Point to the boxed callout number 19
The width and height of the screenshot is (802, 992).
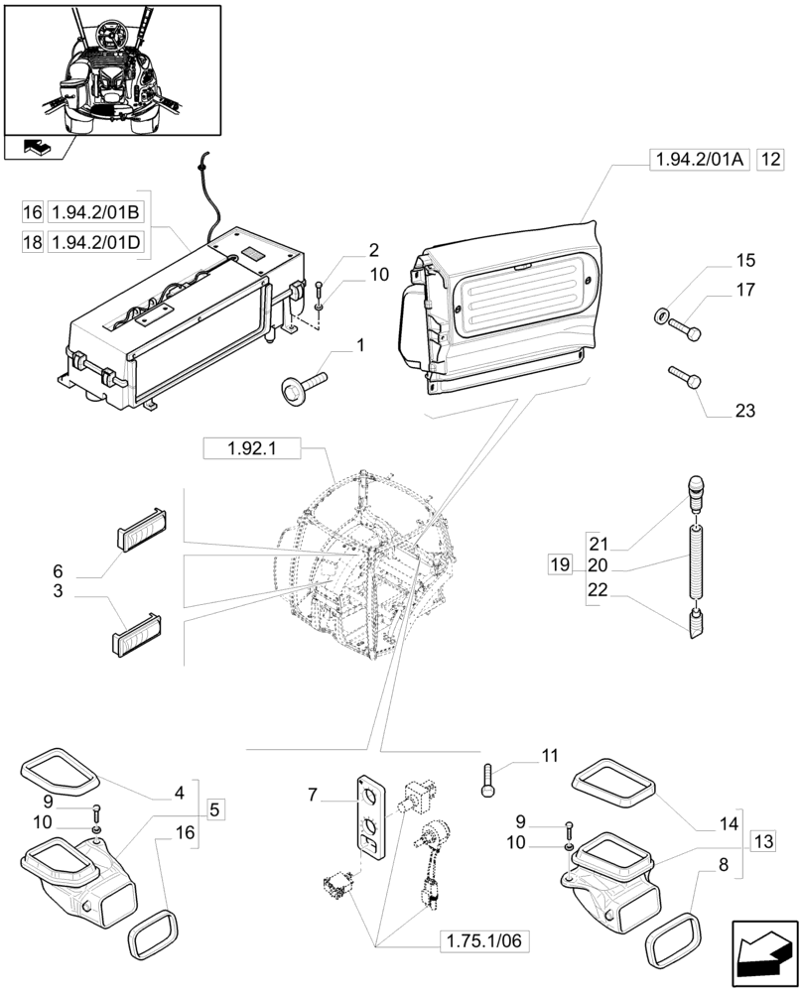tap(560, 565)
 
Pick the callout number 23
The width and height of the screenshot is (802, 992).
tap(745, 411)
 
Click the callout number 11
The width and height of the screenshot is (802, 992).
tap(550, 757)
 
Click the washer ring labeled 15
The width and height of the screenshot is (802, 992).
tap(661, 316)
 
